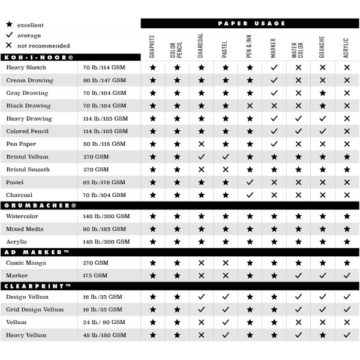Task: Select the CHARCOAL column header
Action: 201,45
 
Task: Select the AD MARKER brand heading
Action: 36,252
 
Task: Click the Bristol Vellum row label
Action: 27,157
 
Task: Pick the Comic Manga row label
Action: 26,263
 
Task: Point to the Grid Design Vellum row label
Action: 35,310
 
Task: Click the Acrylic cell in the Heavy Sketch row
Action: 347,68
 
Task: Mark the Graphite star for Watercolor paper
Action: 153,216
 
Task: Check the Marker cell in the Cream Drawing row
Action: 274,81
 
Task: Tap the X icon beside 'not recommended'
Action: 8,46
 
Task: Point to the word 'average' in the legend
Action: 30,35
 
